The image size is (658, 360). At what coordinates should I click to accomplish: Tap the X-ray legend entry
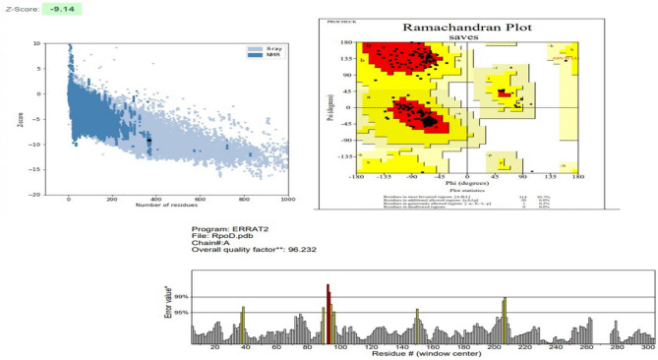pyautogui.click(x=261, y=47)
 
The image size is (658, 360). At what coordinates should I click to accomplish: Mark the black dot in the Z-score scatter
pyautogui.click(x=150, y=141)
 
